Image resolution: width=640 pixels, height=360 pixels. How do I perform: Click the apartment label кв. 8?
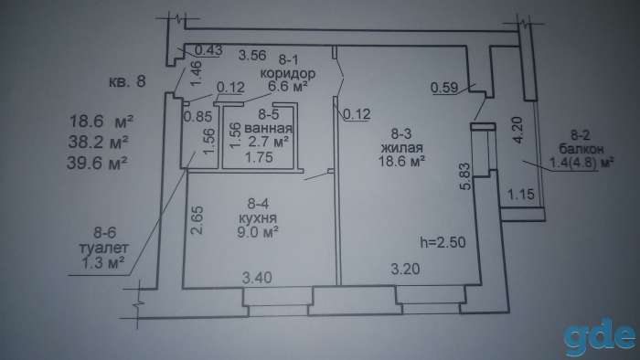click(x=127, y=81)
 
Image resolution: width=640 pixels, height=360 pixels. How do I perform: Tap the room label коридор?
click(x=288, y=74)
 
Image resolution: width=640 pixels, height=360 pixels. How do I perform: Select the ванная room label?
click(x=268, y=128)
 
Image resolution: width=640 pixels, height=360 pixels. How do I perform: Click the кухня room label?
click(x=258, y=218)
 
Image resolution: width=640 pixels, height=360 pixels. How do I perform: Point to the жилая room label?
click(x=401, y=147)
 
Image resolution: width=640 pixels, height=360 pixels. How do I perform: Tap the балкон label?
click(x=581, y=149)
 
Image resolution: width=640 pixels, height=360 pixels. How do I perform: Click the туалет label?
click(x=103, y=248)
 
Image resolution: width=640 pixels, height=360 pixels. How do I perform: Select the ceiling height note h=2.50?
click(x=443, y=242)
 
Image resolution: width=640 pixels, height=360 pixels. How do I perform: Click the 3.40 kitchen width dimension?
click(x=257, y=278)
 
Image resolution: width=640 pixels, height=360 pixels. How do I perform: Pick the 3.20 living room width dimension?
click(x=405, y=269)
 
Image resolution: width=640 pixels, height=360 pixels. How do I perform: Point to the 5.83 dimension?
click(x=465, y=176)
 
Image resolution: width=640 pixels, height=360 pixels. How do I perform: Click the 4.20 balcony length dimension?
click(x=517, y=130)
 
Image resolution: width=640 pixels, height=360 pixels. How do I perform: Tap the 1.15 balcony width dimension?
click(x=521, y=194)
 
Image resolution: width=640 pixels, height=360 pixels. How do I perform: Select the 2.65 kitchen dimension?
click(x=197, y=220)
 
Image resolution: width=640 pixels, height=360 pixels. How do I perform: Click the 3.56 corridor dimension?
click(x=252, y=55)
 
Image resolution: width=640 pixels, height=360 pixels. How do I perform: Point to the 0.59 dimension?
click(x=444, y=88)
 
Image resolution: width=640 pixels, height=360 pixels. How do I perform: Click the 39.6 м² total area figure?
click(x=97, y=163)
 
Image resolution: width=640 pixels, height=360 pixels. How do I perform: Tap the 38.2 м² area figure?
click(x=99, y=142)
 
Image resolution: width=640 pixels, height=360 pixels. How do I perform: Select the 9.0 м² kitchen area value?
click(x=258, y=232)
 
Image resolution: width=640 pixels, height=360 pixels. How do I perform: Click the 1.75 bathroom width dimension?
click(x=259, y=157)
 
